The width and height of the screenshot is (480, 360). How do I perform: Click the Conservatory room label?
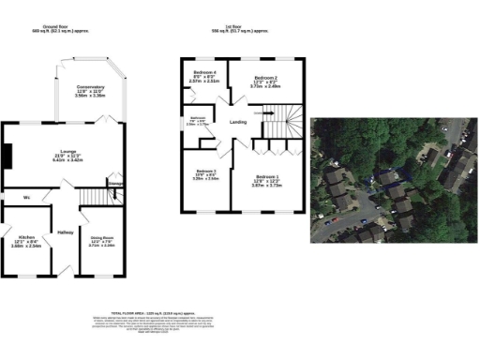click(x=90, y=87)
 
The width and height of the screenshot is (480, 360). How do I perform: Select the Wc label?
click(x=28, y=197)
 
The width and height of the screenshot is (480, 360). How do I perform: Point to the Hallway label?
click(x=66, y=232)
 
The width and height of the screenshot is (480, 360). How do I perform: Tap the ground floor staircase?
click(x=93, y=195)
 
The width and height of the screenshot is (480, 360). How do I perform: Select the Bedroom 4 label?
click(x=204, y=72)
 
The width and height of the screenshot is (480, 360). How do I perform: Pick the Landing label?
click(x=239, y=122)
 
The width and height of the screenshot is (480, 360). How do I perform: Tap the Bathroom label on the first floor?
click(x=198, y=117)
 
